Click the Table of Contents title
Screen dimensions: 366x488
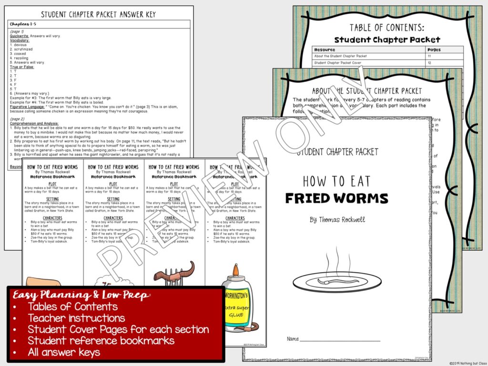pos(386,28)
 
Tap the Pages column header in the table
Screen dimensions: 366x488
pos(435,50)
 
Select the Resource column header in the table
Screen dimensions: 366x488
pos(325,50)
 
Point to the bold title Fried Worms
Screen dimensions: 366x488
pos(336,198)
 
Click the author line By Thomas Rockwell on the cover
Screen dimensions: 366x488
pos(336,220)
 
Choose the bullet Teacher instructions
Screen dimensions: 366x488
pos(76,318)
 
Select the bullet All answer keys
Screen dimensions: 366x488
pos(64,352)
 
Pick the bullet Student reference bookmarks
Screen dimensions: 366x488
pos(101,341)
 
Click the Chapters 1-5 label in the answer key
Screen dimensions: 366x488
pos(23,23)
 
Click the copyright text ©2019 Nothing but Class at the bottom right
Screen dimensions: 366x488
pos(467,363)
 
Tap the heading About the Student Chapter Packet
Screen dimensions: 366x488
pos(367,91)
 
